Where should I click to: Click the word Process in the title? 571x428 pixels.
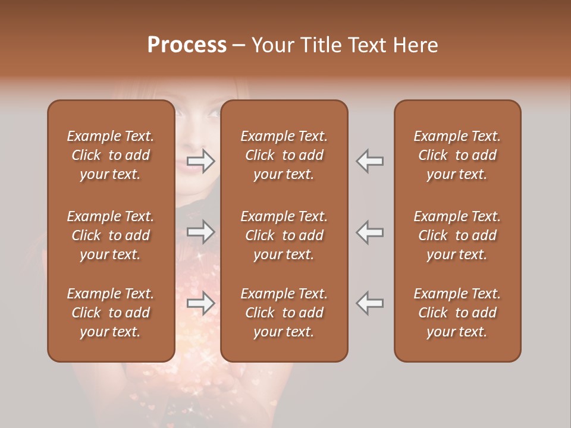pos(187,45)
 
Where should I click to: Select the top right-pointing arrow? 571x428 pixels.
pos(201,161)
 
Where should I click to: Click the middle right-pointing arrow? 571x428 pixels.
pos(201,232)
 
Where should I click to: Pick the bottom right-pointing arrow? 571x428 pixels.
pos(201,303)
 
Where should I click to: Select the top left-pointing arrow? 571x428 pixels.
pos(370,161)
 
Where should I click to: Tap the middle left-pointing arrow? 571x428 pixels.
pos(370,232)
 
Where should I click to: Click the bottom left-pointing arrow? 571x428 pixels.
pos(370,303)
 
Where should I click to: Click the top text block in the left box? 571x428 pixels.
pos(111,155)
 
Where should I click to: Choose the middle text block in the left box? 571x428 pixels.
pos(111,235)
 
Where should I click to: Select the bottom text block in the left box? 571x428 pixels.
pos(111,313)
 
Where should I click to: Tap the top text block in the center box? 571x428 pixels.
pos(284,155)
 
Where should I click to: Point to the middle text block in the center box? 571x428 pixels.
pos(284,235)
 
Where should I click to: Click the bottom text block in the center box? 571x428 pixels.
pos(284,313)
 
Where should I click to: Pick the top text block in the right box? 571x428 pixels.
pos(457,155)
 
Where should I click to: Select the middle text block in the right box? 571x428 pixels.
pos(457,235)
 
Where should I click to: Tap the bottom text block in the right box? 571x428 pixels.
pos(457,313)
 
